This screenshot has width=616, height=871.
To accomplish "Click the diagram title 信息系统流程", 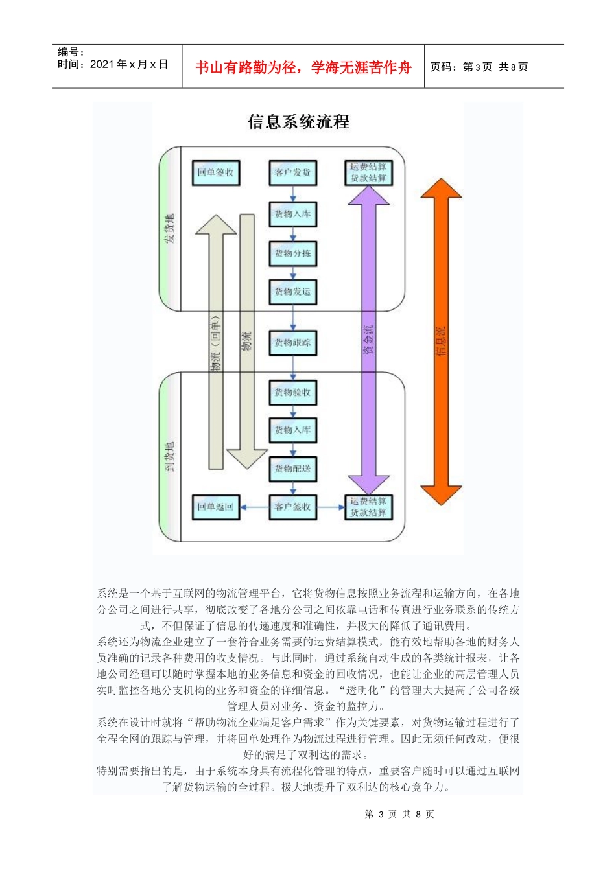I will click(298, 122).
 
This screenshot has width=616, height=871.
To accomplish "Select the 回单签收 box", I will click(215, 173).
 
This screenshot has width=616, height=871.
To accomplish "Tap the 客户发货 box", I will click(292, 173).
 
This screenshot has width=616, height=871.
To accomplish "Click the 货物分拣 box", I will click(292, 253).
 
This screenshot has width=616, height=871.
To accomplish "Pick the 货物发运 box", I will click(292, 292).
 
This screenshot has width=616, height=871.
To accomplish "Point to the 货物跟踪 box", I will click(292, 343).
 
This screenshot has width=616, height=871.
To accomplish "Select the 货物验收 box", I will click(292, 392).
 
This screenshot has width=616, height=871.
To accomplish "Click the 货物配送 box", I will click(292, 469).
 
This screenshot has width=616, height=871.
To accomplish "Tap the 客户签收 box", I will click(292, 507).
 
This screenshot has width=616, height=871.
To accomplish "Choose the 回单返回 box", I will click(215, 507).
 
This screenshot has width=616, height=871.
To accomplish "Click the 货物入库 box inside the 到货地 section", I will click(292, 430).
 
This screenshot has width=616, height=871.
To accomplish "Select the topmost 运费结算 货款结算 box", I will click(368, 173).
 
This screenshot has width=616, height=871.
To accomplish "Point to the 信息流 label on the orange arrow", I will click(441, 342).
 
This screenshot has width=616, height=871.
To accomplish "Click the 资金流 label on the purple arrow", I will click(368, 340).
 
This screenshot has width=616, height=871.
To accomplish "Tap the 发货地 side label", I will click(170, 228).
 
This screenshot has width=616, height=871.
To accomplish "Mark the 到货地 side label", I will click(170, 456).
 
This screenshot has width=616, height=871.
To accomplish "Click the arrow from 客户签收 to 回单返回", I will click(255, 507).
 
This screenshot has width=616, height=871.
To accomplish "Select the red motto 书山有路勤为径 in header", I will click(303, 67).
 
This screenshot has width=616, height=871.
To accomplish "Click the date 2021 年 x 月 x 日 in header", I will click(129, 64).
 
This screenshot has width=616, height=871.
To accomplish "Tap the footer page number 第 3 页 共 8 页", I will click(399, 814).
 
